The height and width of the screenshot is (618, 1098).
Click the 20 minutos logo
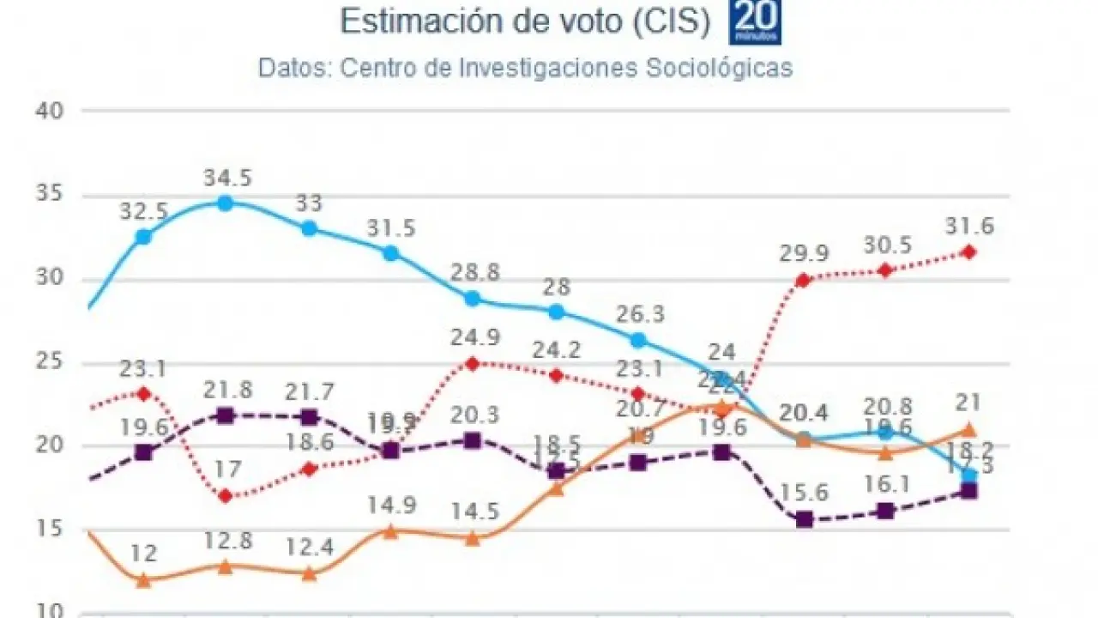pyautogui.click(x=755, y=21)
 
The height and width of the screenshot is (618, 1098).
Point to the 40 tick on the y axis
pyautogui.click(x=49, y=112)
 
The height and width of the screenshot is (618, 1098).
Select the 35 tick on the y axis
pyautogui.click(x=49, y=195)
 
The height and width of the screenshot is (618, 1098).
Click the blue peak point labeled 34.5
pyautogui.click(x=226, y=203)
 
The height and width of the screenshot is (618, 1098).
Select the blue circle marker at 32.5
pyautogui.click(x=144, y=237)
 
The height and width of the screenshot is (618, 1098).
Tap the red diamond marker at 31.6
pyautogui.click(x=969, y=251)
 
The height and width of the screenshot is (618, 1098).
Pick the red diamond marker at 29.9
pyautogui.click(x=804, y=280)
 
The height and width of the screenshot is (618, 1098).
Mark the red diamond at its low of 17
pyautogui.click(x=226, y=496)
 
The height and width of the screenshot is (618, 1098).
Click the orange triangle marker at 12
pyautogui.click(x=144, y=580)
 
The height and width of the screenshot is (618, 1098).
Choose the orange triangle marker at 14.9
pyautogui.click(x=390, y=531)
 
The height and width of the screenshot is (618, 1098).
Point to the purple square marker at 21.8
pyautogui.click(x=226, y=416)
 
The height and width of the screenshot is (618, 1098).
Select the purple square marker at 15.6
pyautogui.click(x=804, y=519)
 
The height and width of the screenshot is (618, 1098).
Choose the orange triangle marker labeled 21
pyautogui.click(x=969, y=430)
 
